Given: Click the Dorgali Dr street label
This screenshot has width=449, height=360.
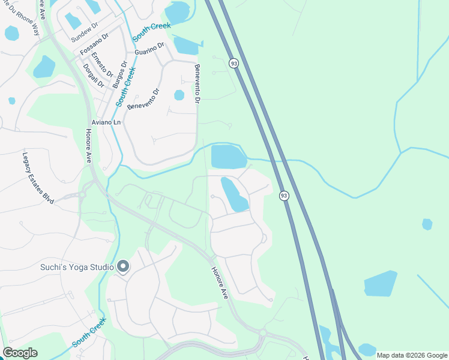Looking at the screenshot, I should click(94, 76).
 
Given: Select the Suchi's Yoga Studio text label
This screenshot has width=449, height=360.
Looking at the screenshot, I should click(77, 267).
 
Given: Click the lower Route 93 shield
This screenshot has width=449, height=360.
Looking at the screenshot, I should click(284, 196).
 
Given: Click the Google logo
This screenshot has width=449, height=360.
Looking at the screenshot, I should click(20, 353).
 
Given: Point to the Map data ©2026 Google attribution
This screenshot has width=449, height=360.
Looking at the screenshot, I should click(411, 355).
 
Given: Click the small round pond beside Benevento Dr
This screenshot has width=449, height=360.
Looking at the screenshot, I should click(179, 95).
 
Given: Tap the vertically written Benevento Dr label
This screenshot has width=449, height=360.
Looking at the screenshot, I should click(196, 85).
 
